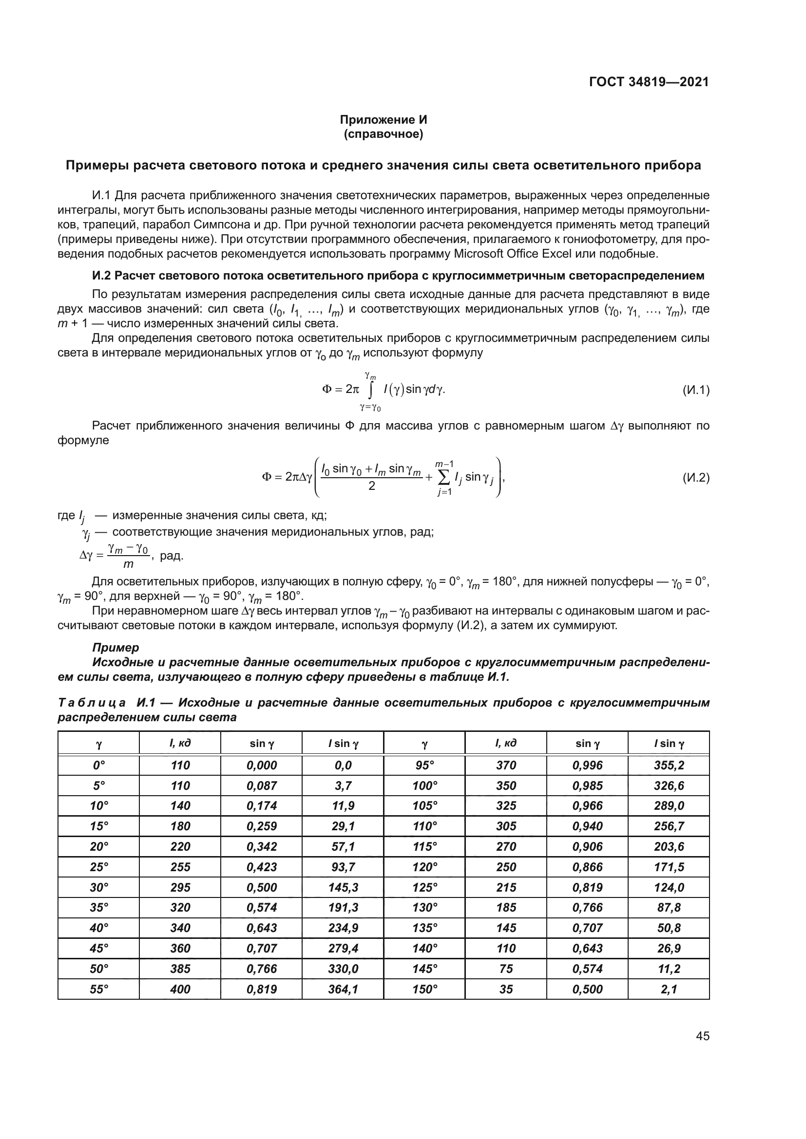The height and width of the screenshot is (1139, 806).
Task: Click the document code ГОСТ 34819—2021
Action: point(649,82)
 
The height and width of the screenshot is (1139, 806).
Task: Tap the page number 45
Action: point(702,1036)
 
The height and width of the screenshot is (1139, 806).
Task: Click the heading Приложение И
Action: point(383,120)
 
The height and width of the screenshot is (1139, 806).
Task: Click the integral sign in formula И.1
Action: point(370,391)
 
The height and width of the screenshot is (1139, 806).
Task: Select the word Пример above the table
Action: point(115,647)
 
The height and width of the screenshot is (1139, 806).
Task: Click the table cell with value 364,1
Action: point(343,989)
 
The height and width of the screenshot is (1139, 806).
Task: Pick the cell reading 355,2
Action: point(669,766)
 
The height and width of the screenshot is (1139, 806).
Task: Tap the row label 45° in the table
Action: point(99,949)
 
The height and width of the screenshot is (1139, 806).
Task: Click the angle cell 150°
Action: point(425,989)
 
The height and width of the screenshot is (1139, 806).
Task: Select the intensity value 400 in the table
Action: point(180,989)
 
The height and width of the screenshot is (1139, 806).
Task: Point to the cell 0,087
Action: point(262,786)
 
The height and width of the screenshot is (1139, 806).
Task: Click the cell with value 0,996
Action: point(587,766)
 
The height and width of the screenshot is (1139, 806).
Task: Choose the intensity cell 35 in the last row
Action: point(506,989)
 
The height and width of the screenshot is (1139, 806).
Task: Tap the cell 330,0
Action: point(343,969)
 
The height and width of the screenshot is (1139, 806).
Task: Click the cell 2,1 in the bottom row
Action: point(669,989)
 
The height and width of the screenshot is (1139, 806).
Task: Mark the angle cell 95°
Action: point(425,766)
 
